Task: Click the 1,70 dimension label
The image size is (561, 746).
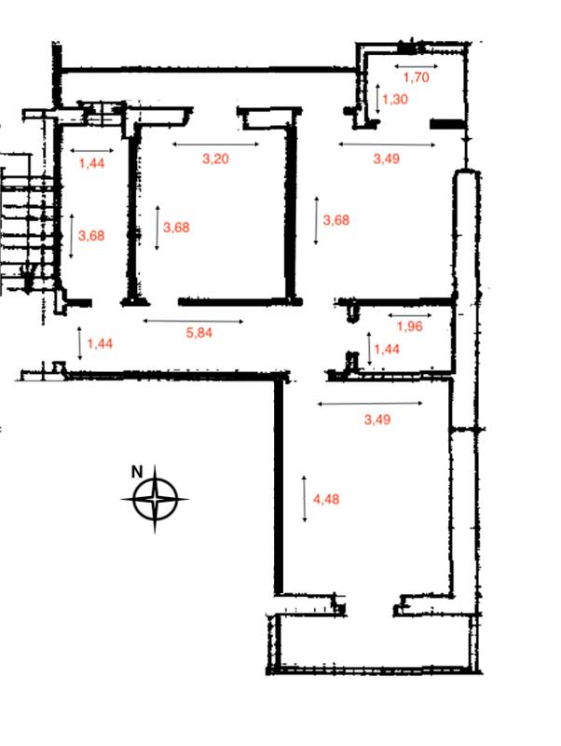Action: pyautogui.click(x=416, y=76)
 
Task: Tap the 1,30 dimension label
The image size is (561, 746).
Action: pyautogui.click(x=395, y=99)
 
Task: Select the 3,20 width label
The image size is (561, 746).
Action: pyautogui.click(x=215, y=159)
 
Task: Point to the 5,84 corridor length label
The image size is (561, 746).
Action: pyautogui.click(x=198, y=332)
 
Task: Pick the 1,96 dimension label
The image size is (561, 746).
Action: pyautogui.click(x=409, y=325)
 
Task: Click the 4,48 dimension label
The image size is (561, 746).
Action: pyautogui.click(x=326, y=499)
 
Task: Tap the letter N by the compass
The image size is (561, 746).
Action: pyautogui.click(x=137, y=472)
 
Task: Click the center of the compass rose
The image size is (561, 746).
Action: pyautogui.click(x=155, y=500)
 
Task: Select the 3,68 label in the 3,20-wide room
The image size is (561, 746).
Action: pyautogui.click(x=176, y=227)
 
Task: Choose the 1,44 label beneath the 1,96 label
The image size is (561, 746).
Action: pyautogui.click(x=387, y=349)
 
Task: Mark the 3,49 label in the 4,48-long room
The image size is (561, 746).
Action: pyautogui.click(x=377, y=419)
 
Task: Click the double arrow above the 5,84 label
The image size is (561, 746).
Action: pyautogui.click(x=193, y=321)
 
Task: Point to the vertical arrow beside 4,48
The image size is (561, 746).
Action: pyautogui.click(x=305, y=499)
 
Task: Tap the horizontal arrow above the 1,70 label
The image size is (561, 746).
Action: pyautogui.click(x=416, y=66)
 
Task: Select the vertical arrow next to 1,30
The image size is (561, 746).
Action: pyautogui.click(x=377, y=99)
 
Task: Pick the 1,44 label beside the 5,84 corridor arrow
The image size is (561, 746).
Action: pyautogui.click(x=100, y=343)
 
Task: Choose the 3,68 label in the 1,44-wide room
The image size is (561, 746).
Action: pyautogui.click(x=91, y=235)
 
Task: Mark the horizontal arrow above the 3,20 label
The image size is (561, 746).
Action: pyautogui.click(x=215, y=145)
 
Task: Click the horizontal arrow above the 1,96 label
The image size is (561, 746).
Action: pyautogui.click(x=410, y=315)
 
